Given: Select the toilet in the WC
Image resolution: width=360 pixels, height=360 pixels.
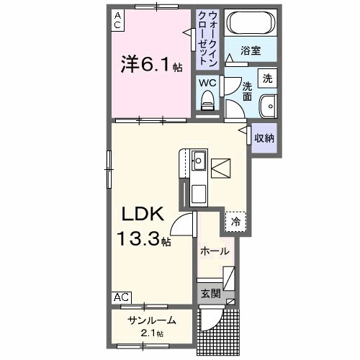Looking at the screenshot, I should click(208, 102).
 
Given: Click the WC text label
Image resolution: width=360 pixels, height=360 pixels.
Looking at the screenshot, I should click(207, 81).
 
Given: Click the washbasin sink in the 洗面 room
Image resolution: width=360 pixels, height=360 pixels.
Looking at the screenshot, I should click(268, 104).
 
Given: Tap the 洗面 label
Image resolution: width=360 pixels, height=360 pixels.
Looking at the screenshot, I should click(246, 90).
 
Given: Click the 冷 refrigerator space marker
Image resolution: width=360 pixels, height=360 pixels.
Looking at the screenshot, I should click(235, 222).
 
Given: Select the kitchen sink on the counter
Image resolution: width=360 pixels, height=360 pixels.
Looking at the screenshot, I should click(199, 161).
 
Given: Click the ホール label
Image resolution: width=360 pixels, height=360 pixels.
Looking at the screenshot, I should click(214, 251).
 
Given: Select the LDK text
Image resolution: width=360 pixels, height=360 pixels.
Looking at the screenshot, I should click(143, 215).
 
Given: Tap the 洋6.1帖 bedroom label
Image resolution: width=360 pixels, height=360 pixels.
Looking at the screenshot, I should click(150, 64).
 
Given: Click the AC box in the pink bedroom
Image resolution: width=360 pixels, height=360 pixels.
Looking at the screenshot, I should click(117, 19).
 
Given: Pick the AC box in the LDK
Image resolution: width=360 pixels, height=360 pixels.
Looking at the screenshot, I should click(121, 297).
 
